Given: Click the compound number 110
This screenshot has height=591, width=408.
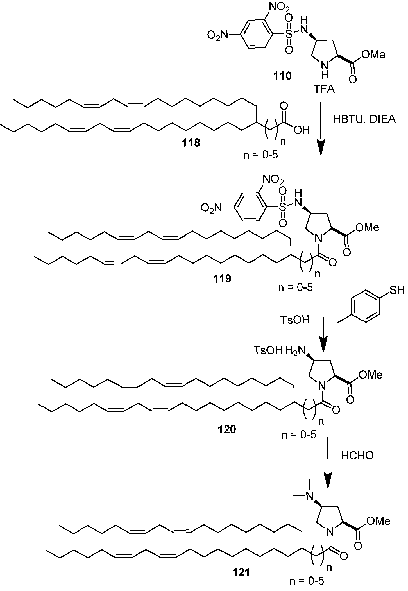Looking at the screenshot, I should pyautogui.click(x=282, y=76).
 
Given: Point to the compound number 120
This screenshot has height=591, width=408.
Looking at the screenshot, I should pyautogui.click(x=227, y=429).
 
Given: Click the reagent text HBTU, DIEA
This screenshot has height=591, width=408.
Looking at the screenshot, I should pyautogui.click(x=364, y=119).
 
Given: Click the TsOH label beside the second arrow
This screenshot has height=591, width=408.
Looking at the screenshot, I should pyautogui.click(x=294, y=320).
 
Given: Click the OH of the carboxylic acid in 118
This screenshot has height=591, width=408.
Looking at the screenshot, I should pyautogui.click(x=302, y=130).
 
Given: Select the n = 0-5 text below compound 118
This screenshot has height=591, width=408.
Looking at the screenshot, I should pyautogui.click(x=260, y=155).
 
